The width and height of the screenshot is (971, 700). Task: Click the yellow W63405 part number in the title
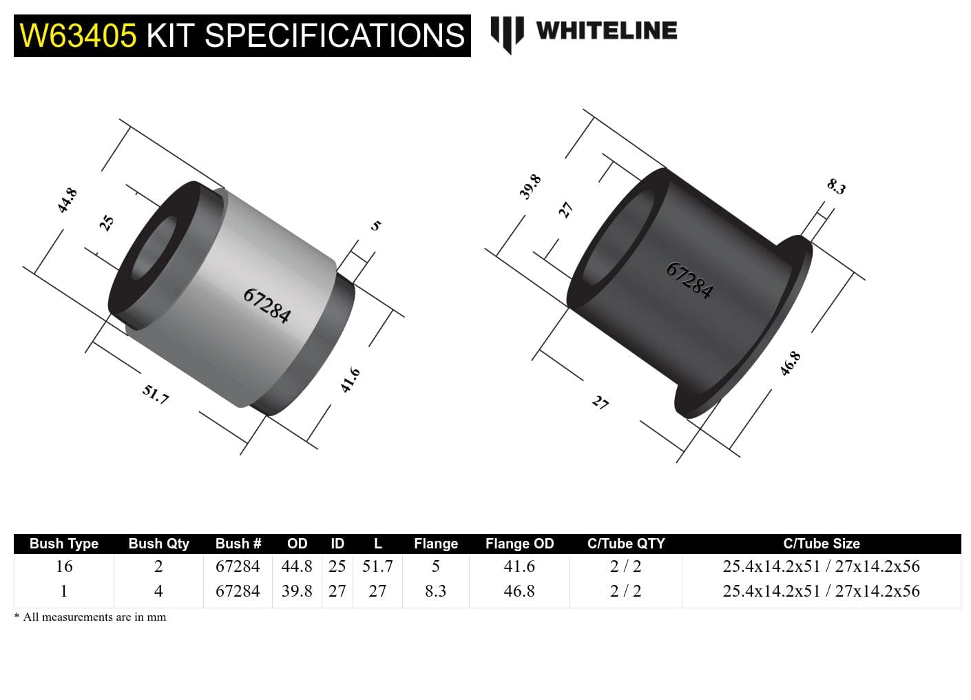(x=78, y=36)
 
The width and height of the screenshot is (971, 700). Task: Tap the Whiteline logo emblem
(x=507, y=33)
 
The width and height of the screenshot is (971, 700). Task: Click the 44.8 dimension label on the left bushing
(x=67, y=200)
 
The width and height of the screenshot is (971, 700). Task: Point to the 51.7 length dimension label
(x=156, y=394)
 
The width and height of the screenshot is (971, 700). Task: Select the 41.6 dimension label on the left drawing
(x=350, y=380)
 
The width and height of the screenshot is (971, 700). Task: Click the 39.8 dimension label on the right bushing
(x=530, y=187)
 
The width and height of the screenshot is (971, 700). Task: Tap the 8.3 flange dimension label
(x=836, y=186)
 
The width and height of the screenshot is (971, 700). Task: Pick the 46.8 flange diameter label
(x=790, y=363)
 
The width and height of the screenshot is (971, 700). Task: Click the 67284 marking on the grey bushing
(x=267, y=305)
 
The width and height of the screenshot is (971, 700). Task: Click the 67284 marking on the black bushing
(x=689, y=280)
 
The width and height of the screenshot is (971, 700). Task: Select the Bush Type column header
(x=63, y=544)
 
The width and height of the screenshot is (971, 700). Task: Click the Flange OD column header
(x=519, y=544)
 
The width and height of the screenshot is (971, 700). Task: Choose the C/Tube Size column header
(x=821, y=544)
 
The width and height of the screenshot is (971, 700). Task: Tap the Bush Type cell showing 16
(x=63, y=566)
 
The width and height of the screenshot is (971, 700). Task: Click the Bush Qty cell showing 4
(x=158, y=591)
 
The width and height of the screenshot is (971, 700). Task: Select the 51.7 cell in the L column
(x=377, y=566)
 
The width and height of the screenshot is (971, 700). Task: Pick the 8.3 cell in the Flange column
(x=435, y=591)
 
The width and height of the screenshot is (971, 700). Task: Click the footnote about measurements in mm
(x=90, y=617)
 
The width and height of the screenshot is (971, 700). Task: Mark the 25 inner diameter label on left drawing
(x=107, y=223)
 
